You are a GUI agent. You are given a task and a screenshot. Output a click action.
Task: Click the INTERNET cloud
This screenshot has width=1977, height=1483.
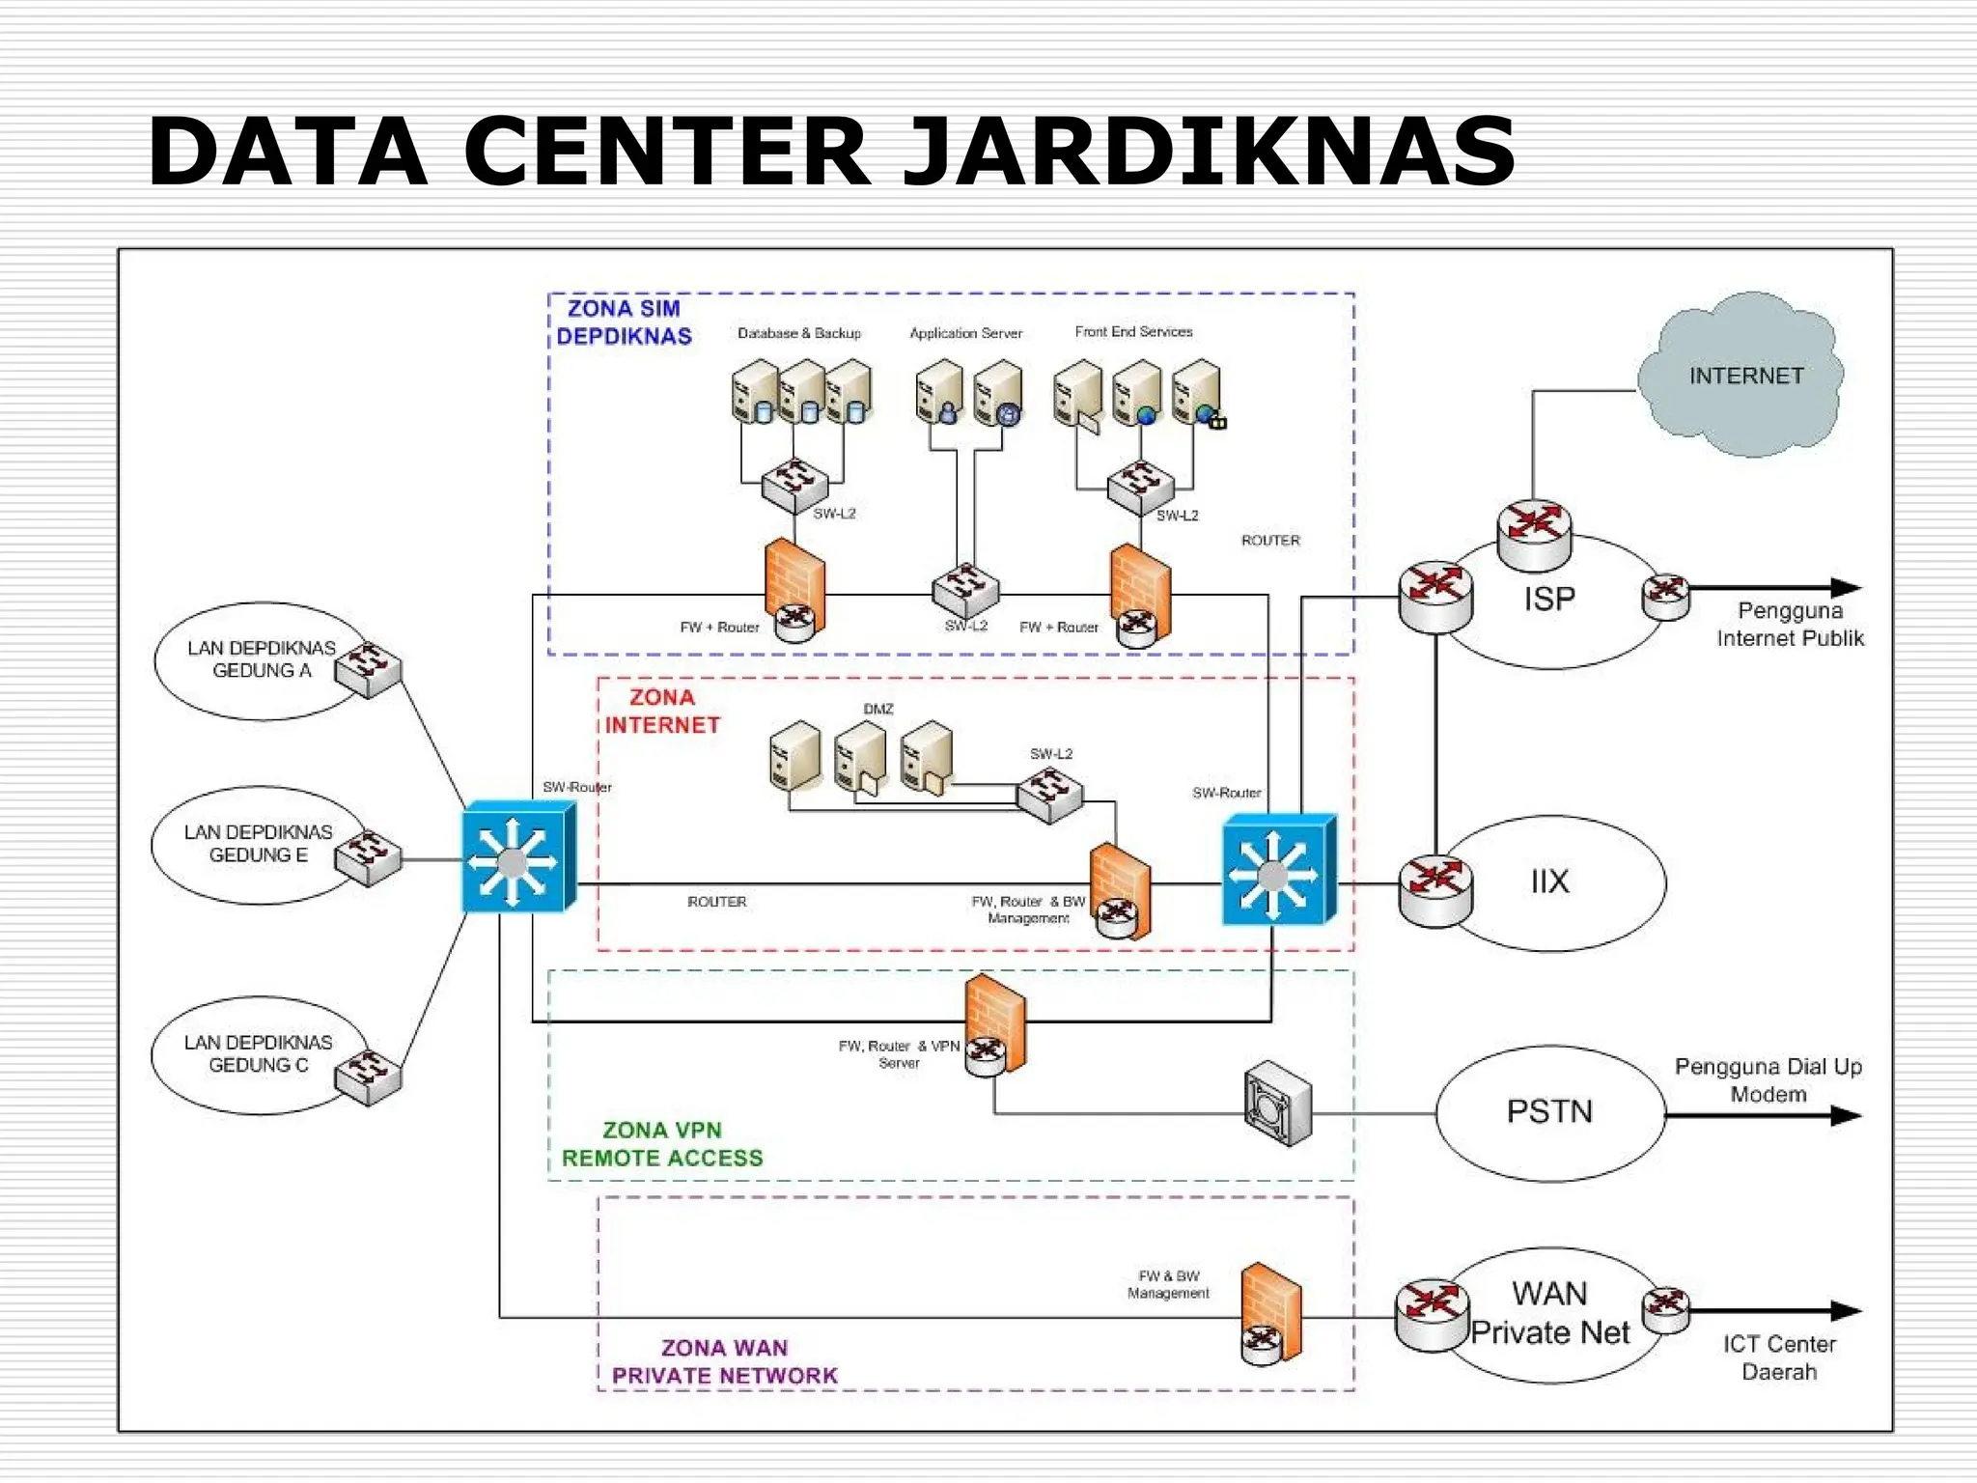[1745, 376]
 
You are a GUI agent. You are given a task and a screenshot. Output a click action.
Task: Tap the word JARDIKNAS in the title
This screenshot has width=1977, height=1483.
[1209, 152]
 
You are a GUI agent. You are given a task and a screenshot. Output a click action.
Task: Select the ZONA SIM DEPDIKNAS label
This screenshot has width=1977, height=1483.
[625, 322]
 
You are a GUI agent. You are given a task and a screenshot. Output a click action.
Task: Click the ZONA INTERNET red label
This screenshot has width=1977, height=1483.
[662, 712]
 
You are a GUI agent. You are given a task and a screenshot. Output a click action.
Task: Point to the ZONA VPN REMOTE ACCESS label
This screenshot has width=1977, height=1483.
[662, 1144]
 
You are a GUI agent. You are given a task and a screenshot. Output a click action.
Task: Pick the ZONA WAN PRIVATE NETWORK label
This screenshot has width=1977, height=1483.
[725, 1361]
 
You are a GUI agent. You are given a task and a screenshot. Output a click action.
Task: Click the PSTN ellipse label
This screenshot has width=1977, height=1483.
[1549, 1111]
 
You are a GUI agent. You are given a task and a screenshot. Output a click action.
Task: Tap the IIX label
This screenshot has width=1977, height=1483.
[1549, 881]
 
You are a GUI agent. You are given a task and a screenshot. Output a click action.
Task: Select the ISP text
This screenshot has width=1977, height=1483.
[1549, 600]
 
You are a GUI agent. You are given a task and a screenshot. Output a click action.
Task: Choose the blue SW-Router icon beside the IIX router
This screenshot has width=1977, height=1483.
[1278, 870]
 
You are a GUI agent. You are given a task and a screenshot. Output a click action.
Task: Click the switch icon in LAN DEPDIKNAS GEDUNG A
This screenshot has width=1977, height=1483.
[368, 668]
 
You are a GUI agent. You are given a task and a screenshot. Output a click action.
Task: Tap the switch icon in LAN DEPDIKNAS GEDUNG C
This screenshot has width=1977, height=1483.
[368, 1077]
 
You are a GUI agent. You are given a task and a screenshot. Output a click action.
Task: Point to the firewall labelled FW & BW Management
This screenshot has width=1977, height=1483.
[1271, 1313]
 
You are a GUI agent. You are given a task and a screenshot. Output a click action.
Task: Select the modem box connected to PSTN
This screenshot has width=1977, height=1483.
[1277, 1104]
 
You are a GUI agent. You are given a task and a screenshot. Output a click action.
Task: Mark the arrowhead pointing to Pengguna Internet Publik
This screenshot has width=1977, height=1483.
[1845, 587]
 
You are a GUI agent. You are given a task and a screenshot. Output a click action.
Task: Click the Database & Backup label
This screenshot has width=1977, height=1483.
[799, 333]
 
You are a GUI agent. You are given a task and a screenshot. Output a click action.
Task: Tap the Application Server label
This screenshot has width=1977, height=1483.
[965, 333]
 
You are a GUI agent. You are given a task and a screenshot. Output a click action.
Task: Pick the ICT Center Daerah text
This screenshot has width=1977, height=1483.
[1779, 1357]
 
